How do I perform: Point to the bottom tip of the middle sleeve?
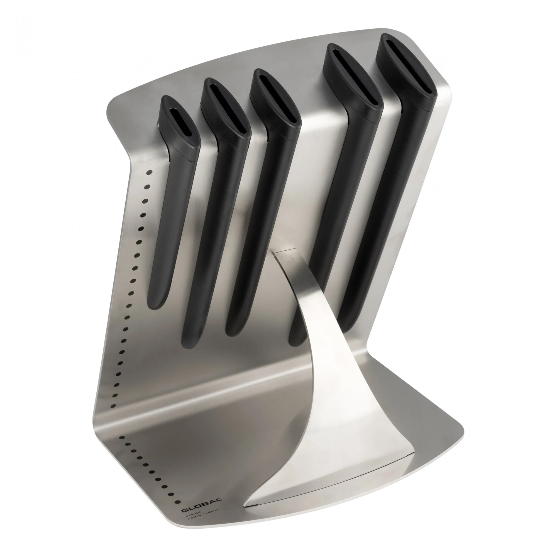234,331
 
